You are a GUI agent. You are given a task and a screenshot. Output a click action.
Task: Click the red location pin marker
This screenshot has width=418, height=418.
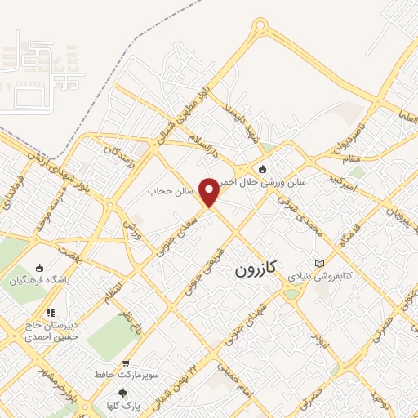tap(210, 192)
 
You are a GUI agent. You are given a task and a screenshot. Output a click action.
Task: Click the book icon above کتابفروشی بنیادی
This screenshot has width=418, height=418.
tap(318, 263)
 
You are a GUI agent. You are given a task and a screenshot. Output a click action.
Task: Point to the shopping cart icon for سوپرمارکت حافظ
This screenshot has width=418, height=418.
tap(125, 362)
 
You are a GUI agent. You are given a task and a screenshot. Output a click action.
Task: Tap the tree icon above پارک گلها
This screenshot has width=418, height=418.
tap(123, 392)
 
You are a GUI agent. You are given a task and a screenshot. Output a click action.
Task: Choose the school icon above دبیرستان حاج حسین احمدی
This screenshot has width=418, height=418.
tap(51, 311)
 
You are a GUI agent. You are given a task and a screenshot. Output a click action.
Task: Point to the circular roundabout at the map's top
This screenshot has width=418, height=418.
tap(261, 28)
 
